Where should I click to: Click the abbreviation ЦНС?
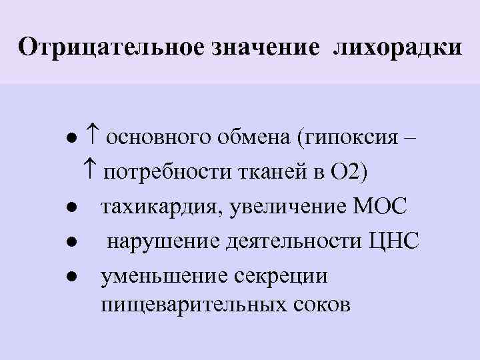click(394, 240)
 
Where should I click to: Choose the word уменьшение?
click(163, 274)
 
